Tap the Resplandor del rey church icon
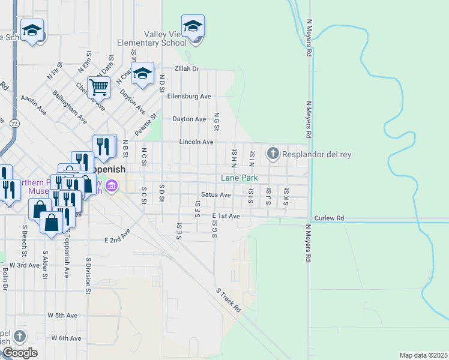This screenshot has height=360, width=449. pyautogui.click(x=273, y=154)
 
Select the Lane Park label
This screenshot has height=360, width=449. pyautogui.click(x=240, y=178)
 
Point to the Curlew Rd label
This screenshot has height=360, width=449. pyautogui.click(x=329, y=218)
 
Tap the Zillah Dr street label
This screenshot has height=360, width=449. pyautogui.click(x=187, y=69)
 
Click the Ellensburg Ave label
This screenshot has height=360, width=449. pyautogui.click(x=189, y=96)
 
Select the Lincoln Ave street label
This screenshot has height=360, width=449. pyautogui.click(x=196, y=142)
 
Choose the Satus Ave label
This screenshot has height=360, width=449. pyautogui.click(x=216, y=195)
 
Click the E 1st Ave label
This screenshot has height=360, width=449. pyautogui.click(x=226, y=216)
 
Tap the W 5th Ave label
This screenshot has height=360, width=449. pyautogui.click(x=64, y=315)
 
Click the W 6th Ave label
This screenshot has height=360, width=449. pyautogui.click(x=66, y=338)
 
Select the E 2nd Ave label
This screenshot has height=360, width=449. pyautogui.click(x=118, y=236)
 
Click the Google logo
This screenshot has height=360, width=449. pyautogui.click(x=20, y=353)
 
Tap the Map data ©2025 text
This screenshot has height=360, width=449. pyautogui.click(x=423, y=355)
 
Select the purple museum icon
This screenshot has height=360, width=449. pyautogui.click(x=111, y=187)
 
